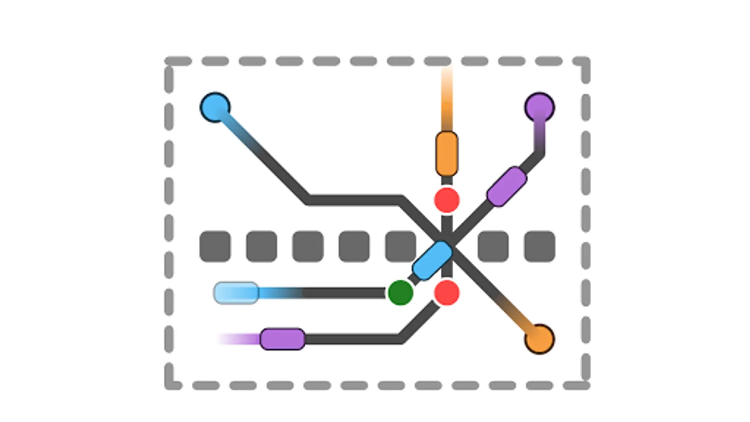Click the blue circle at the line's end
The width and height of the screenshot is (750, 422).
coord(215,107)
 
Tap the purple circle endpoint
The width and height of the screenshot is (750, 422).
coord(540,107)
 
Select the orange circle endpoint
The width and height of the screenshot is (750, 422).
coord(540,339)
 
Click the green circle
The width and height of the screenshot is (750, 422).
coord(400,293)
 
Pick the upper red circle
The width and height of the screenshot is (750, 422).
coord(447,200)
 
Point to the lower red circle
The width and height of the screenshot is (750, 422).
coord(447,293)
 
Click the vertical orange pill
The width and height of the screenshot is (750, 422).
coord(447,154)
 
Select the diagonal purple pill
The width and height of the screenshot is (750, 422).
coord(507,186)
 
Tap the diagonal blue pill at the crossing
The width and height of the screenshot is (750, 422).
coord(432,261)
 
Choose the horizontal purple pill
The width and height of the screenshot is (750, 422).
coord(282,339)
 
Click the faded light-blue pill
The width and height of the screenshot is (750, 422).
coord(236,293)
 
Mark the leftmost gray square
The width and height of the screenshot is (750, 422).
coord(215,246)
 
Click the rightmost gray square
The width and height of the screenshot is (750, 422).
coord(540,246)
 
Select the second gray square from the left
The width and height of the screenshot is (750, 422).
coord(262,246)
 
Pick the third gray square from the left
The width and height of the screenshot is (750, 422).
coord(308,246)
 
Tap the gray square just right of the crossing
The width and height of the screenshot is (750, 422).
coord(493,246)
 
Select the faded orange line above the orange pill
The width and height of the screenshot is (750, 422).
coord(447,98)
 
